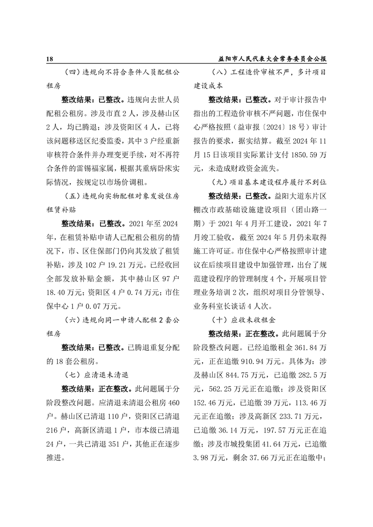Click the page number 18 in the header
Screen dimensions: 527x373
click(x=50, y=60)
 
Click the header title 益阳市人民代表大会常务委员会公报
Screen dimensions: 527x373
click(x=272, y=60)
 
